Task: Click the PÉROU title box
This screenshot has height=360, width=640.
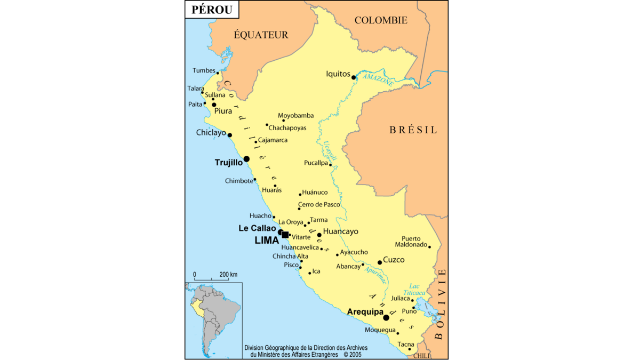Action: [212, 10]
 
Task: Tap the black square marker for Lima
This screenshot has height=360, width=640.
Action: [285, 235]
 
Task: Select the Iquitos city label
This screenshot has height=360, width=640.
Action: [338, 74]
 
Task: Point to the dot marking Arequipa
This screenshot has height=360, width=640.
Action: [386, 318]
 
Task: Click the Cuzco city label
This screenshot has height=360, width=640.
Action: [394, 260]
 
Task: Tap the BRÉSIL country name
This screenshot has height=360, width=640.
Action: [413, 130]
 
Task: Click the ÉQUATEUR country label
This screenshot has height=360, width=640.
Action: [261, 35]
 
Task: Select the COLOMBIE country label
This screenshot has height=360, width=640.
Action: [381, 20]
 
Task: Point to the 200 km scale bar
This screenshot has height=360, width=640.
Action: [212, 278]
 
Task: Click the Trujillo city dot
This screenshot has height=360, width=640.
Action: [246, 159]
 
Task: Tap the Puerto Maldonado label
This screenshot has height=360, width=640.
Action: [411, 242]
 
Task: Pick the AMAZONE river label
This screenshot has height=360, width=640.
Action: [378, 80]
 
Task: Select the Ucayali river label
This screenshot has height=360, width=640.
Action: [330, 151]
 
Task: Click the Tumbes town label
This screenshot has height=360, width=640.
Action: [204, 70]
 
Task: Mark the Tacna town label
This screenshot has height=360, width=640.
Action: [406, 345]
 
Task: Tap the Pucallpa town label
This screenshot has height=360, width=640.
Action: [316, 163]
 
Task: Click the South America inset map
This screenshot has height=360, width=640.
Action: [213, 320]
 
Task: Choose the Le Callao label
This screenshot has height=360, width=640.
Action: [257, 228]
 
